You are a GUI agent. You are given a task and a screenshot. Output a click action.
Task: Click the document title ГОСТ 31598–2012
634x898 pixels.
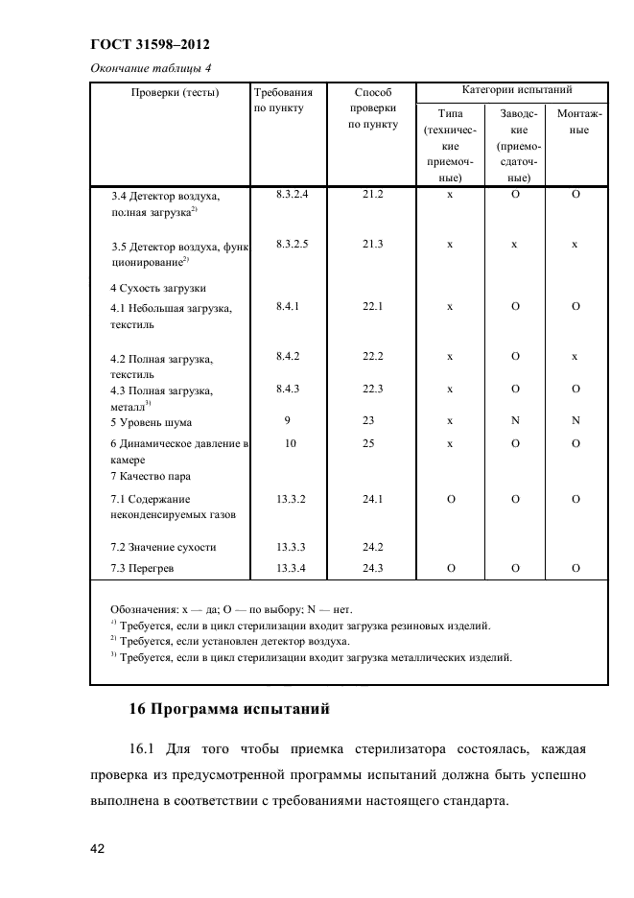150,45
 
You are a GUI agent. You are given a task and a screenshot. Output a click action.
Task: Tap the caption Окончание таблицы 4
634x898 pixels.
150,67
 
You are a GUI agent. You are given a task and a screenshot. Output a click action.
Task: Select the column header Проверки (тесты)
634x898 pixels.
170,92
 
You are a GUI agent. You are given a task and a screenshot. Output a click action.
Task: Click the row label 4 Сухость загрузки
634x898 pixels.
158,287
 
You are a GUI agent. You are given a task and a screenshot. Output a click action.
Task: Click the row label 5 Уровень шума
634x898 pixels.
151,422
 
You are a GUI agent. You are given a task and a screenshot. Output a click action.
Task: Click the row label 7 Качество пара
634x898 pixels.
151,476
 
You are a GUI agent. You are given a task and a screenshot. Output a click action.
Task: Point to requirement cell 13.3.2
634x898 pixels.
290,498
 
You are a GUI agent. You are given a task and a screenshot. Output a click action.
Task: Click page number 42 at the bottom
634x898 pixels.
97,848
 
